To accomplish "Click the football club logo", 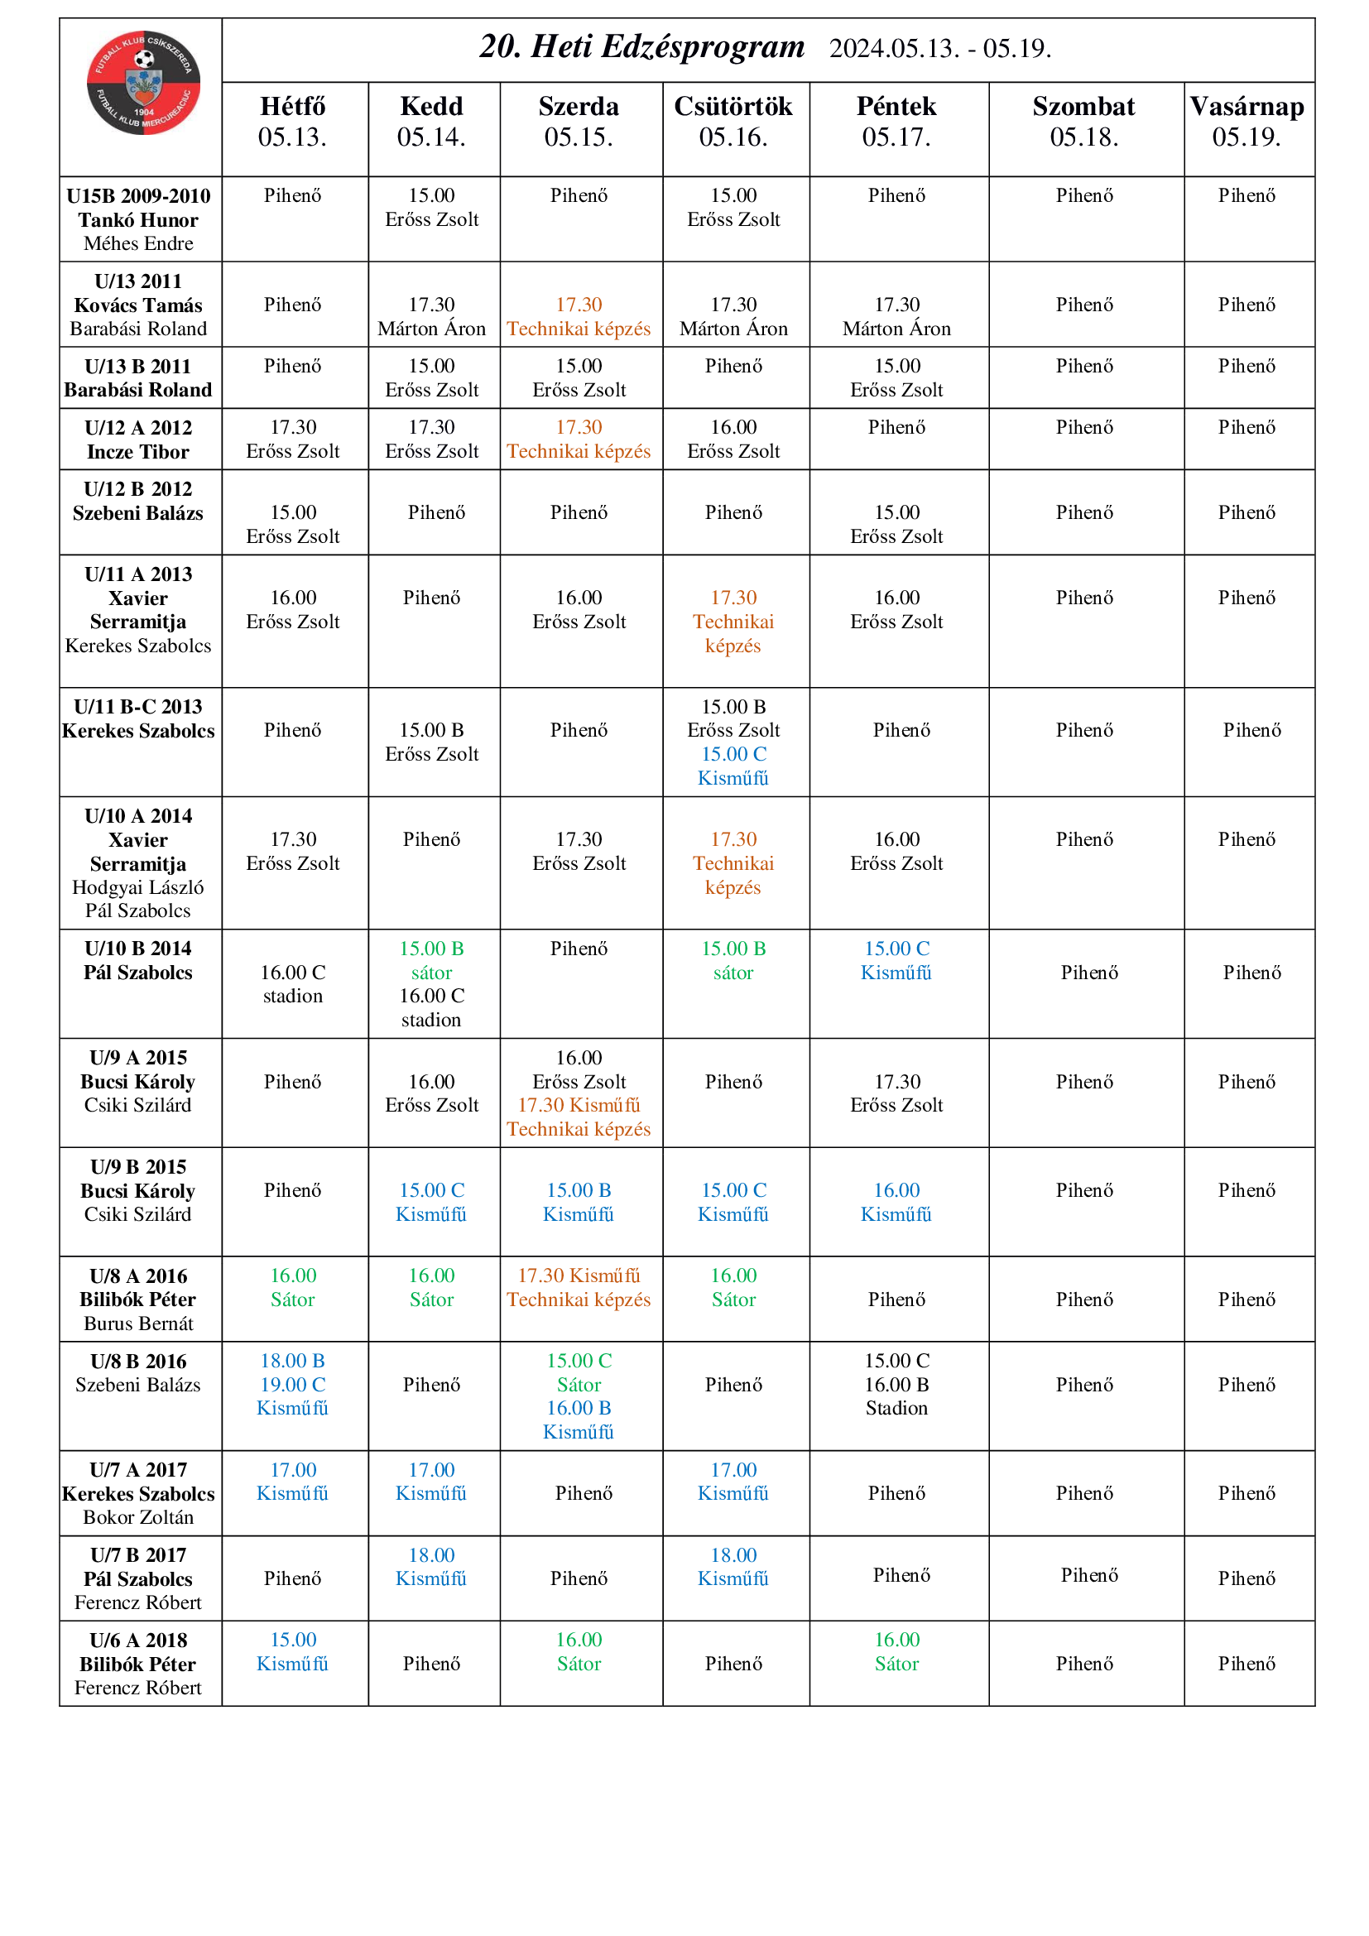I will tap(143, 83).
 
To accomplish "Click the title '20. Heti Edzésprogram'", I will tap(641, 47).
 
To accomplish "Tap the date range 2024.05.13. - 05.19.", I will tap(939, 49).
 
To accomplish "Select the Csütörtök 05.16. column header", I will tap(733, 122).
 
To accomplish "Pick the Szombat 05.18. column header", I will tap(1083, 122).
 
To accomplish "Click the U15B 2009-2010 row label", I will tap(138, 196).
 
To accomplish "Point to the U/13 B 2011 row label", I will tap(138, 367).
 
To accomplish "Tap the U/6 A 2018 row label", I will tap(138, 1640).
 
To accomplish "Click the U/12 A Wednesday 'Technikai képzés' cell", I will tap(579, 440).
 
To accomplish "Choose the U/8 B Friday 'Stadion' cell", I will tap(896, 1384).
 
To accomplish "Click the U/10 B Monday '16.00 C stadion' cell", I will tap(292, 984).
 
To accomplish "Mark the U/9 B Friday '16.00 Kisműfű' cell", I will tap(896, 1202).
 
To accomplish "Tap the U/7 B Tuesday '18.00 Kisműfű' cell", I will tap(430, 1566).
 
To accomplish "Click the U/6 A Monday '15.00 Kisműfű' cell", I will tap(292, 1651).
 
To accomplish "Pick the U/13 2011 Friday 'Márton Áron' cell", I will tap(896, 317).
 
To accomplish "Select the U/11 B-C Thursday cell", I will tap(733, 742).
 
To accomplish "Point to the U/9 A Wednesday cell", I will tap(579, 1093).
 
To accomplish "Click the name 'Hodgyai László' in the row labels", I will tap(138, 887).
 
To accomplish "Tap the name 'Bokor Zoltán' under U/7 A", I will tap(138, 1517).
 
